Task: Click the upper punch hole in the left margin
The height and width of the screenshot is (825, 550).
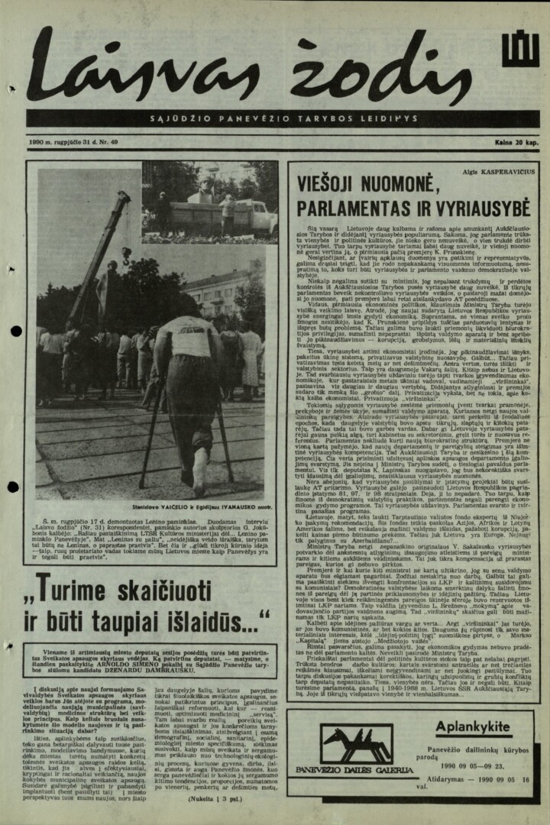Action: point(15,332)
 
